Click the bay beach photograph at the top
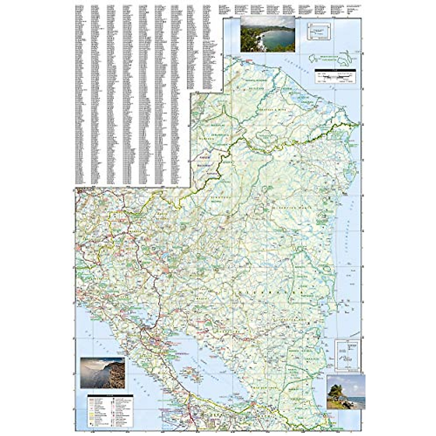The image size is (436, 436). tap(267, 34)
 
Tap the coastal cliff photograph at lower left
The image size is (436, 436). tap(102, 373)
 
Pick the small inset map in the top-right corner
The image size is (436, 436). tap(319, 31)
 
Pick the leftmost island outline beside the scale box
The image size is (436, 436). tap(314, 58)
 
